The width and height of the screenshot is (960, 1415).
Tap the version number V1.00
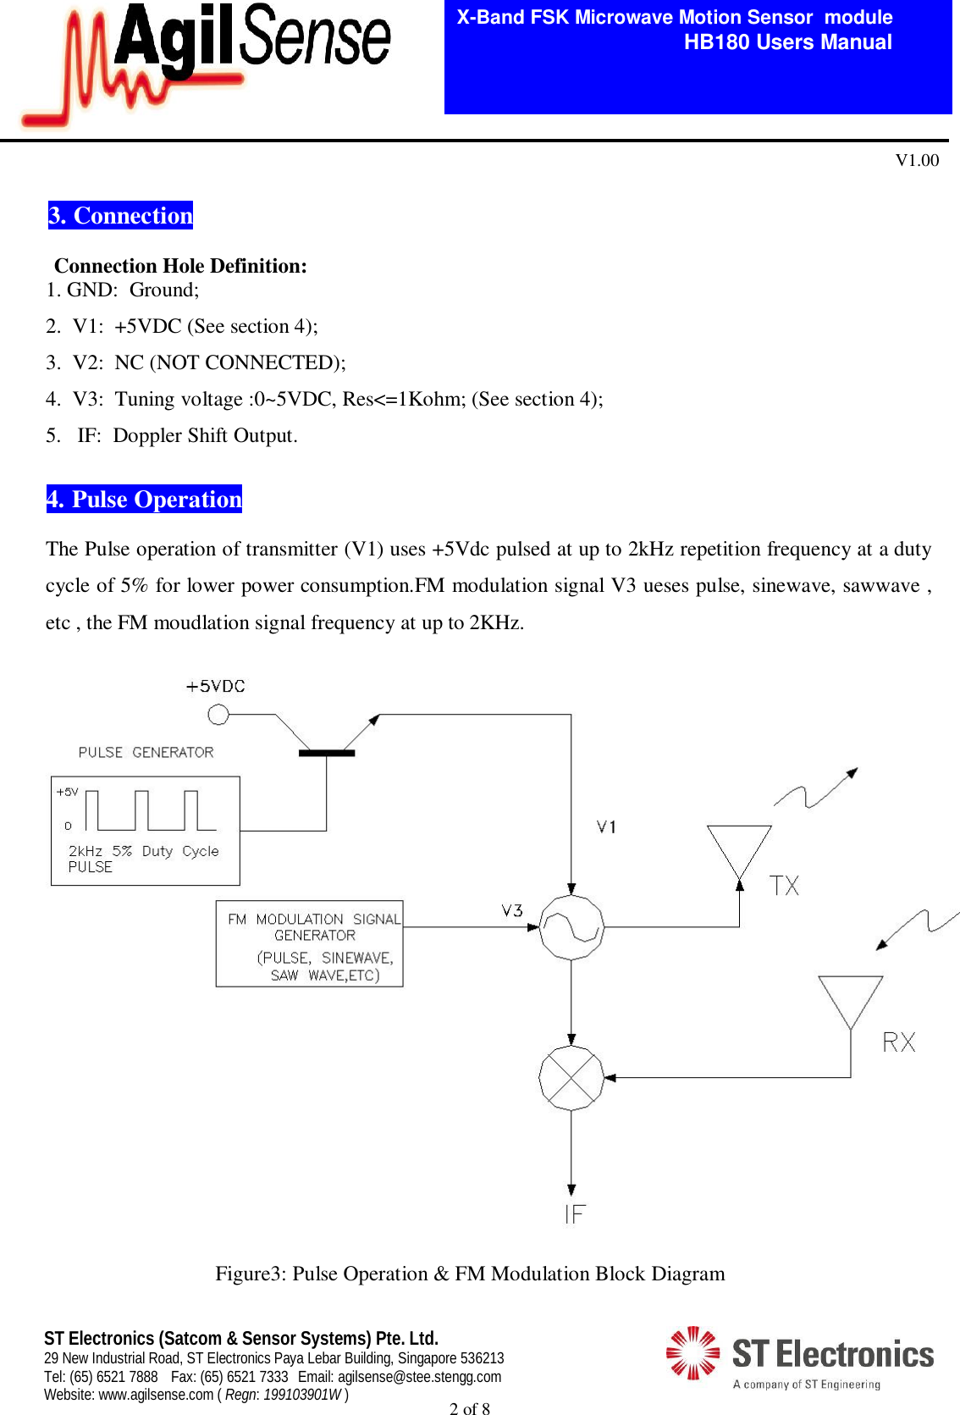[917, 160]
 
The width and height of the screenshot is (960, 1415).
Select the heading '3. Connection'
[121, 215]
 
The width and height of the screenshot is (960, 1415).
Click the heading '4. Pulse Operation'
[144, 499]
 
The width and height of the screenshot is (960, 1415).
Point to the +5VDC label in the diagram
[216, 687]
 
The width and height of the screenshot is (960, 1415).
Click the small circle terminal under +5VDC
[218, 715]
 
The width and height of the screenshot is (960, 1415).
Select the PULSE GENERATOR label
[146, 752]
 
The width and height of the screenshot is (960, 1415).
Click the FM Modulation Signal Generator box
[309, 943]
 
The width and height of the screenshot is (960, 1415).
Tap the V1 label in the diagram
[606, 826]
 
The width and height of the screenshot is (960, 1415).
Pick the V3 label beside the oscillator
[512, 910]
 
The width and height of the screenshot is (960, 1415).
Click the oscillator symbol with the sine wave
[571, 927]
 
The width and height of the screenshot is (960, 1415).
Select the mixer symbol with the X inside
[571, 1078]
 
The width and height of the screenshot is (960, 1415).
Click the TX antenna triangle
[739, 849]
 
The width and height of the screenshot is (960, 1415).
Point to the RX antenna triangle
[850, 1000]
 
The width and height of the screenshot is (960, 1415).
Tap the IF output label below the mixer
[575, 1214]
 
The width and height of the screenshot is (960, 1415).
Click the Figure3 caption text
[470, 1274]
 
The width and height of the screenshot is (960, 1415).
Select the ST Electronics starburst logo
[692, 1352]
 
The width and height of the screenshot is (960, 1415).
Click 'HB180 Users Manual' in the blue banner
[787, 42]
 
